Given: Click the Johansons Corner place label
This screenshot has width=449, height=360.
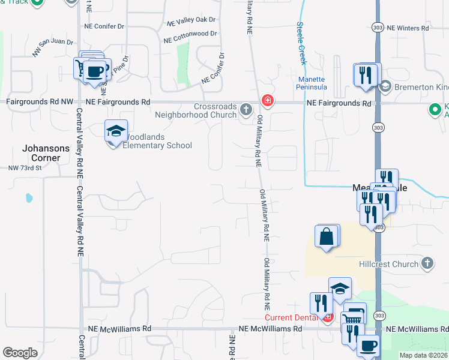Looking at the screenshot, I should pos(41,152).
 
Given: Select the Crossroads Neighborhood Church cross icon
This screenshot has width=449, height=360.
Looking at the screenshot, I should pos(246,109).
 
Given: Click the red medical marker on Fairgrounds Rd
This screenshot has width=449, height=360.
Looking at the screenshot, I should pos(267,101).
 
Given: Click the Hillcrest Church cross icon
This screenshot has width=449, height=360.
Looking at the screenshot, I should pos(427,263).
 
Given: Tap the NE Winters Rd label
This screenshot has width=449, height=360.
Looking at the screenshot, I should pos(408,28).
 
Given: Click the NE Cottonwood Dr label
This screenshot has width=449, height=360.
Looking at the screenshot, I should pos(190,37).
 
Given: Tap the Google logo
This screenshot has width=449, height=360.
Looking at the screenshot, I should pos(20,353).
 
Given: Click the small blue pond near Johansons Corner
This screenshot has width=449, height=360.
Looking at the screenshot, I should pos(28,197).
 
